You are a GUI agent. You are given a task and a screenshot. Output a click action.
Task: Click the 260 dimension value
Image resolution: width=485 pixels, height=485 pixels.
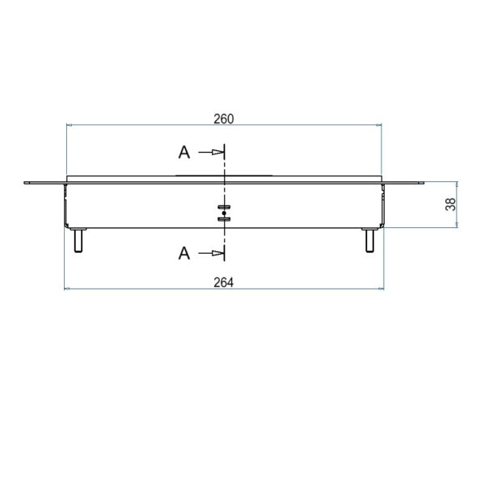click(x=224, y=119)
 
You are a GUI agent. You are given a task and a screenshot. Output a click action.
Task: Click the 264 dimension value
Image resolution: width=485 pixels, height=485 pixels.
click(x=224, y=282)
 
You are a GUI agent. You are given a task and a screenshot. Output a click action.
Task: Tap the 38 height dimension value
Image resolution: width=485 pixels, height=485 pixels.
click(x=450, y=205)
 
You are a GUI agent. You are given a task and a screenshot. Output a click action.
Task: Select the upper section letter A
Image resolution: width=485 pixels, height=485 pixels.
click(x=184, y=153)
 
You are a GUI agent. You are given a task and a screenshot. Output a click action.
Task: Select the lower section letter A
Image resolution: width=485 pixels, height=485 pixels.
click(x=184, y=253)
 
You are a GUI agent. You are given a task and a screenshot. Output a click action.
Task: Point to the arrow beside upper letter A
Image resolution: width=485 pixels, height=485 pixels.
click(x=211, y=152)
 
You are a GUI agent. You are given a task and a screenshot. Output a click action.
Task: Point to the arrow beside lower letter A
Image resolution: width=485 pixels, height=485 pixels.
click(x=211, y=253)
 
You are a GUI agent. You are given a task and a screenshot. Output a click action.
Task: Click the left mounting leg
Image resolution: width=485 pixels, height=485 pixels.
click(x=78, y=240)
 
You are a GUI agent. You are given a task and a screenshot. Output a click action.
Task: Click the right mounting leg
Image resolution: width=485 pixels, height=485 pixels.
click(x=369, y=240)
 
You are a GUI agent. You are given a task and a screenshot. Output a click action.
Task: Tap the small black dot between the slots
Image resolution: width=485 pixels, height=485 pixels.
click(x=224, y=213)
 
